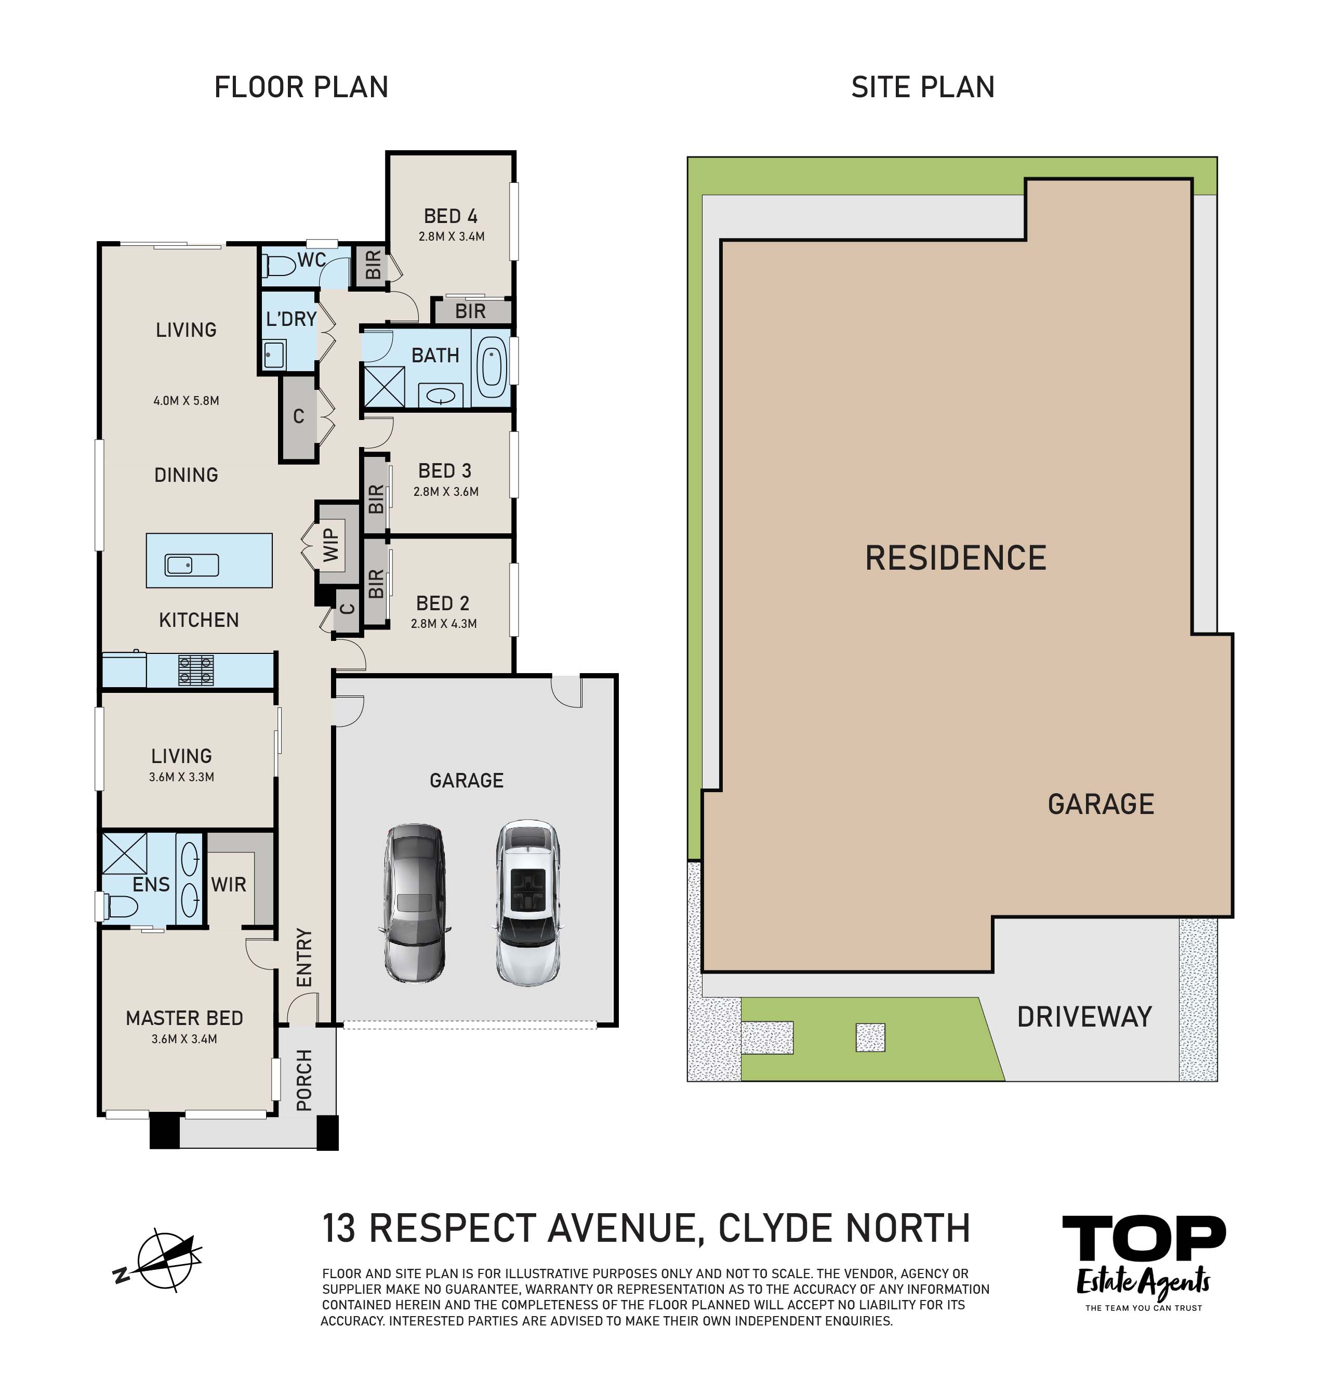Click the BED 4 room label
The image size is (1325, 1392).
pyautogui.click(x=451, y=216)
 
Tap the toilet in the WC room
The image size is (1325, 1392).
pyautogui.click(x=279, y=266)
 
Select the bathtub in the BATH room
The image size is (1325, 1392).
pyautogui.click(x=491, y=367)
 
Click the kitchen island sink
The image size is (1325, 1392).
pyautogui.click(x=191, y=564)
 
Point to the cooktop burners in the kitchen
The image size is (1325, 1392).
pyautogui.click(x=196, y=670)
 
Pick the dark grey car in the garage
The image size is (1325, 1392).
pyautogui.click(x=415, y=902)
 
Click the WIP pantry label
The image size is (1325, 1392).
pyautogui.click(x=330, y=545)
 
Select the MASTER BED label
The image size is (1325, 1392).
pyautogui.click(x=184, y=1018)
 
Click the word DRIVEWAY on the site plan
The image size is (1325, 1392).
pyautogui.click(x=1084, y=1017)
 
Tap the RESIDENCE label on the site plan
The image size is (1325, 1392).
pyautogui.click(x=956, y=558)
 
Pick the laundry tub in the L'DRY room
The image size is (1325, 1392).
pyautogui.click(x=274, y=354)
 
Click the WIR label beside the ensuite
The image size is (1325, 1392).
pyautogui.click(x=228, y=885)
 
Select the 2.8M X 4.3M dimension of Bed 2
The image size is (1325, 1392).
pyautogui.click(x=444, y=623)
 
